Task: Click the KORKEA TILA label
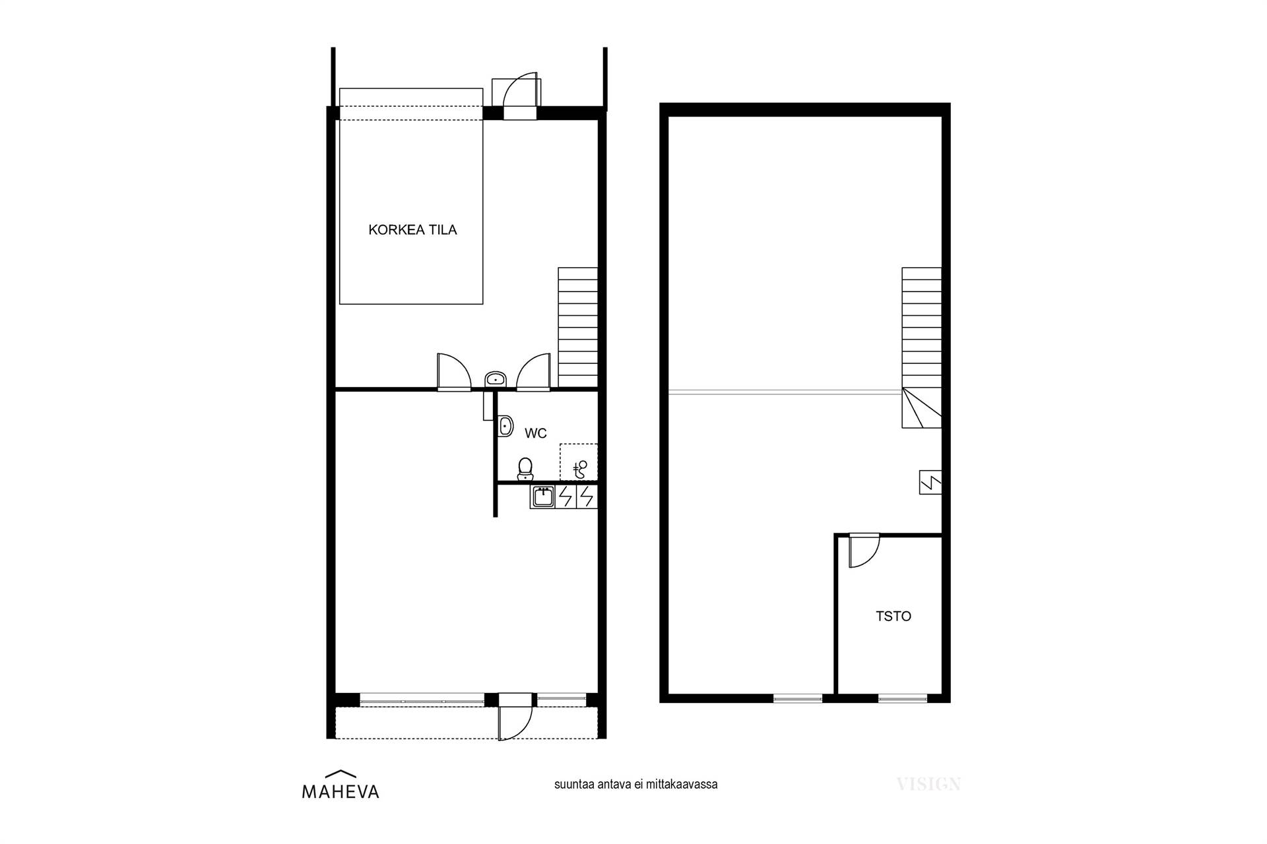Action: coord(412,230)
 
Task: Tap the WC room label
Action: coord(535,433)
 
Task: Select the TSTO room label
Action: coord(893,616)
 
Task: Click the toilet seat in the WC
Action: coord(525,467)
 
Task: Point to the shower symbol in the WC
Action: coord(579,469)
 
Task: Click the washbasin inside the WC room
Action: coord(505,426)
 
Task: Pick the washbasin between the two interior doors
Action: coord(495,379)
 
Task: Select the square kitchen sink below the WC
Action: coord(542,497)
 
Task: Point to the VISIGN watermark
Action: coord(928,784)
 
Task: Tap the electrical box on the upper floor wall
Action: coord(930,483)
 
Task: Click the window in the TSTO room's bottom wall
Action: coord(903,698)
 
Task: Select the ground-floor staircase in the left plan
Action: coord(578,327)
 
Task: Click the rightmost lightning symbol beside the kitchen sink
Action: coord(587,497)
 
